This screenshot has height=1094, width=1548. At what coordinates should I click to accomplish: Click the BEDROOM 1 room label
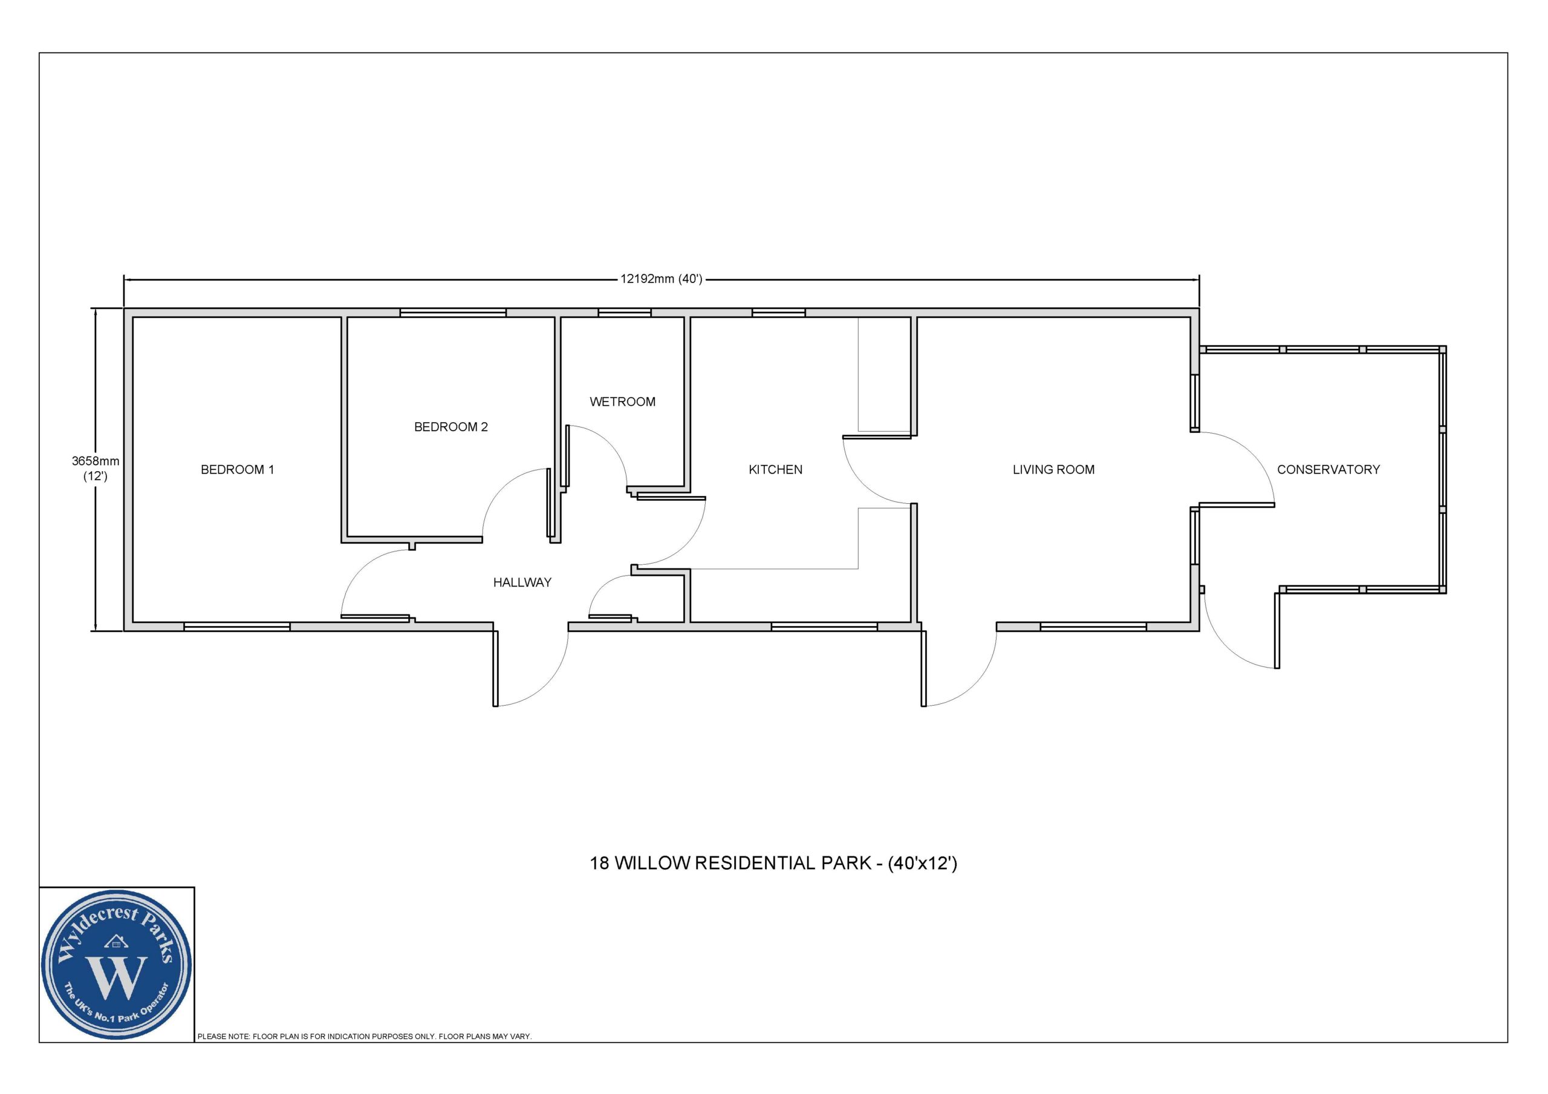(237, 469)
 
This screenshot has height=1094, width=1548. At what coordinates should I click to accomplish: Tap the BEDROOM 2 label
(451, 427)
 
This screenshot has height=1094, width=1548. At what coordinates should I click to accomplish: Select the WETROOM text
(622, 402)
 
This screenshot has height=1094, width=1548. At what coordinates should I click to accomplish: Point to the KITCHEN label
(775, 469)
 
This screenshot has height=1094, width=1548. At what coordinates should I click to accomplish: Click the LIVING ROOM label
(1053, 469)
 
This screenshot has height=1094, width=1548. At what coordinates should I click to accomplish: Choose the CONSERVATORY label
(1328, 469)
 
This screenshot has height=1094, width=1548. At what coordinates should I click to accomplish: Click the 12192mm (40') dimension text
(662, 279)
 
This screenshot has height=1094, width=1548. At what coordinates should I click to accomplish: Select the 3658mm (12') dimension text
(96, 469)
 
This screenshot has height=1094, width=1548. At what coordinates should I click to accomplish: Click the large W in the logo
(117, 977)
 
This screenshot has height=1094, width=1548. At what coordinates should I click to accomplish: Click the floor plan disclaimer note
(364, 1037)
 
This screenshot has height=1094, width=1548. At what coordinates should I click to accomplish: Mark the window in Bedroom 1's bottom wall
(236, 627)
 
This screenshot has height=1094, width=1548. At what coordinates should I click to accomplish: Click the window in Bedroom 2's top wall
(452, 313)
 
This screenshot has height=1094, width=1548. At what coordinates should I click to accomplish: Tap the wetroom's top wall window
(624, 313)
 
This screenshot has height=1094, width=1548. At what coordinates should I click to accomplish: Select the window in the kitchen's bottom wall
(824, 627)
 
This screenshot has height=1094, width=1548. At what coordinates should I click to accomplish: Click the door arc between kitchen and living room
(861, 480)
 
